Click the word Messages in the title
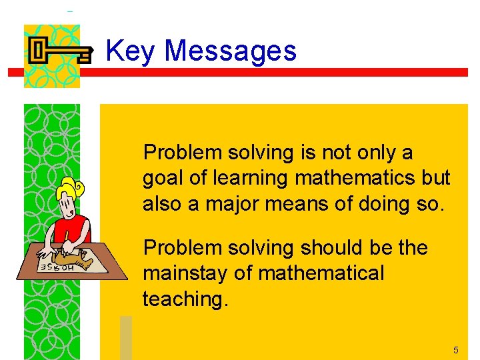pyautogui.click(x=230, y=51)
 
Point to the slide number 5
pyautogui.click(x=456, y=350)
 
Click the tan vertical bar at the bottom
pyautogui.click(x=126, y=337)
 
